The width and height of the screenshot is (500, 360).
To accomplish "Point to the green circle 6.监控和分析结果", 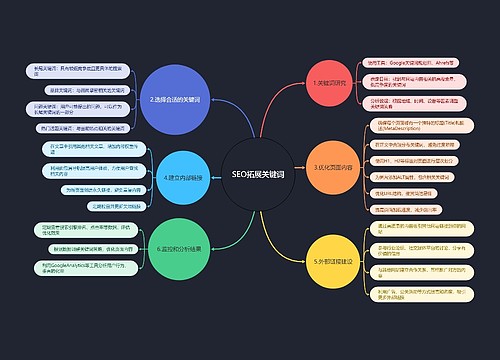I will pos(179,249).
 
